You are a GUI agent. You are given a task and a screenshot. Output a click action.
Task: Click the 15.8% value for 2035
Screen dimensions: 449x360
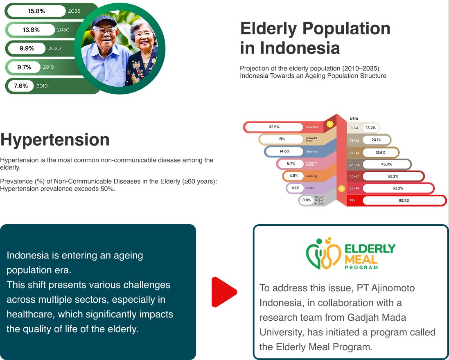[36, 11]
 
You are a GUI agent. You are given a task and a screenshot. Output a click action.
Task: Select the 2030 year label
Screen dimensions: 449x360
[63, 30]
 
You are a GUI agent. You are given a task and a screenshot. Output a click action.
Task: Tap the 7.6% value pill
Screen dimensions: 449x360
[21, 86]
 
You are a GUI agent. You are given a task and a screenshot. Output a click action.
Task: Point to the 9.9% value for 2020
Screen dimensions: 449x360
[27, 49]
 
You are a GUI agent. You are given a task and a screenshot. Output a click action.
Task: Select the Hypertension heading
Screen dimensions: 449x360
[55, 139]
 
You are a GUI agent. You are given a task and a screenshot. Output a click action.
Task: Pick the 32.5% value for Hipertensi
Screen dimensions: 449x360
[274, 127]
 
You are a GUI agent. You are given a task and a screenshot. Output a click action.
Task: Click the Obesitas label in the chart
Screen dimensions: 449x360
[311, 151]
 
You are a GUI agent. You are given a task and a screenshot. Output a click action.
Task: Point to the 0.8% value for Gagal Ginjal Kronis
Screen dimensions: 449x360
[307, 200]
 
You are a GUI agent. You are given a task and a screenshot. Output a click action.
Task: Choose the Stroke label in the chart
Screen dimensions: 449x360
[310, 188]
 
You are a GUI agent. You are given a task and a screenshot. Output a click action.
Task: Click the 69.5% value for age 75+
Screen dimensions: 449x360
[404, 200]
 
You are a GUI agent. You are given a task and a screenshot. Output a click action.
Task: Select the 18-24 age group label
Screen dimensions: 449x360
[354, 128]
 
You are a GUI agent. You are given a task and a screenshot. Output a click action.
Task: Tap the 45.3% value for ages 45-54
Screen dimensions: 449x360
[386, 164]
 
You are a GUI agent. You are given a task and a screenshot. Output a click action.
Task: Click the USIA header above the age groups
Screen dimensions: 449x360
[354, 119]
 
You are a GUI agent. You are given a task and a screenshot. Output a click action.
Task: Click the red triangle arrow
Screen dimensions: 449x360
[223, 292]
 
